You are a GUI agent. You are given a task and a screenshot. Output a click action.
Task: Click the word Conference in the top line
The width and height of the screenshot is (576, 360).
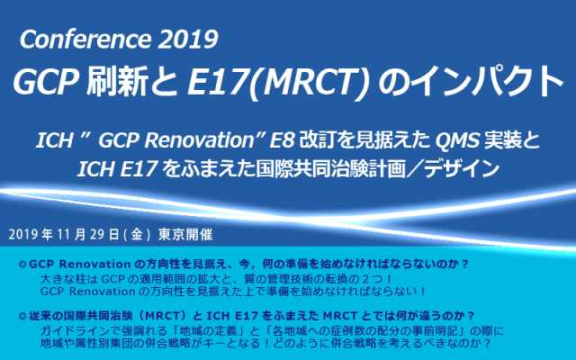(85, 40)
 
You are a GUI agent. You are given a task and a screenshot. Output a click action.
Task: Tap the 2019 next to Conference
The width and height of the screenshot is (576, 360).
(188, 40)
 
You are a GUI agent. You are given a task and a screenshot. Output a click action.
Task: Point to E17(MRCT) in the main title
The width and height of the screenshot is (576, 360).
(278, 83)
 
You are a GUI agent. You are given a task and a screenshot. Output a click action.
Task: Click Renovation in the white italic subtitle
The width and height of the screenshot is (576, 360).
(199, 140)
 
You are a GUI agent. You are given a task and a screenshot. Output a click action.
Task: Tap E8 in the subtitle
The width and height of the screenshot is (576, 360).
(282, 140)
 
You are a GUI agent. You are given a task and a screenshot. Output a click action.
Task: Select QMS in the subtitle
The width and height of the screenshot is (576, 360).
(458, 140)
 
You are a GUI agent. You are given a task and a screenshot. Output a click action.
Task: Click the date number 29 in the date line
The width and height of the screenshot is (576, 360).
(98, 235)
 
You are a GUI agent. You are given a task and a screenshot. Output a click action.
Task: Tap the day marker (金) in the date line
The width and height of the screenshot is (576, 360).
(136, 235)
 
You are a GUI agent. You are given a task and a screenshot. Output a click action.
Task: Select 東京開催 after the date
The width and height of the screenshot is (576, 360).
(185, 235)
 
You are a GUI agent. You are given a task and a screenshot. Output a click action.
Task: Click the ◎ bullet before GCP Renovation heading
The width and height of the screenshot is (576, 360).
(22, 265)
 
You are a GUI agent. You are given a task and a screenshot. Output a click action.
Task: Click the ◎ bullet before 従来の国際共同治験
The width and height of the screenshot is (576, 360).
(22, 316)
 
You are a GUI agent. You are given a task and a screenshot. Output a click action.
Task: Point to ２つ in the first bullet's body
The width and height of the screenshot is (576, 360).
(371, 279)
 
